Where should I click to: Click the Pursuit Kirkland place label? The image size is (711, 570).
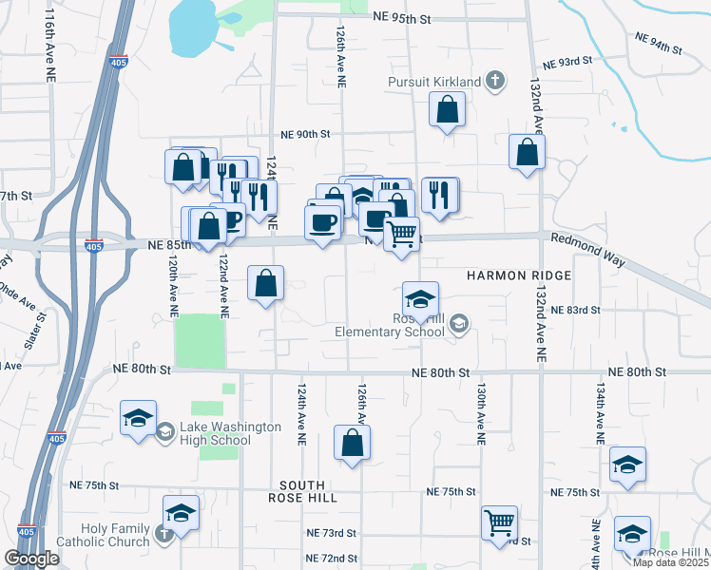coord(433,83)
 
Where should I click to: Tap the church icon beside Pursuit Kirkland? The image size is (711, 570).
coord(494,82)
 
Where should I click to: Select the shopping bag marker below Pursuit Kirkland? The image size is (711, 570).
coord(447,110)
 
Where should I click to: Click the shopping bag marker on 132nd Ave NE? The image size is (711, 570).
coord(527,153)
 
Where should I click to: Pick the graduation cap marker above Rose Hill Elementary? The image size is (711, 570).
coord(420,300)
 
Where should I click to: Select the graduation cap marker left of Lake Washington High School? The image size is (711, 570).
coord(138,420)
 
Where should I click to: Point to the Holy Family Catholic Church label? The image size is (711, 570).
coord(102,536)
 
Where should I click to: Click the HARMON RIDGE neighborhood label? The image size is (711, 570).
coord(519,275)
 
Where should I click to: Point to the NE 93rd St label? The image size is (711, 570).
coord(567,60)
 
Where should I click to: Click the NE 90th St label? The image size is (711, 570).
coord(304,135)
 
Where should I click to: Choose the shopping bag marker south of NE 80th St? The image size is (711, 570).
coord(352,444)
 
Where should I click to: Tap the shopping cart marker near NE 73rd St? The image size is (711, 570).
coord(499,523)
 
